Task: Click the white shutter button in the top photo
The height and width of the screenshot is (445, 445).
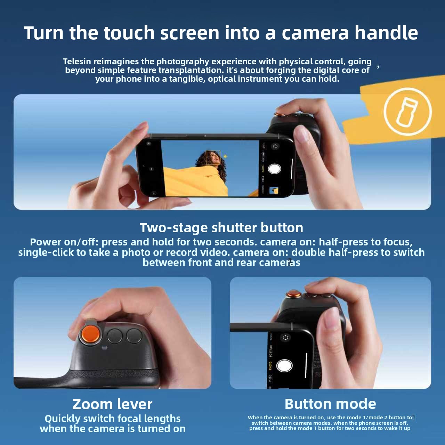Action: click(274, 169)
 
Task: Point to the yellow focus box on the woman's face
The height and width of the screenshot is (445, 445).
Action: click(213, 157)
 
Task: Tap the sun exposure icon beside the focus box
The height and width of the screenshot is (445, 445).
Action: click(225, 156)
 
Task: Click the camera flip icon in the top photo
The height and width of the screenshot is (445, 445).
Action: click(275, 146)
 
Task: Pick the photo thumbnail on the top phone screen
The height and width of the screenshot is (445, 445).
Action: click(274, 191)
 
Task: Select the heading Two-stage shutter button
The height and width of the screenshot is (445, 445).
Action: click(221, 228)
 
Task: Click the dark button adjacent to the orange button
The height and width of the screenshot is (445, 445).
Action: click(115, 336)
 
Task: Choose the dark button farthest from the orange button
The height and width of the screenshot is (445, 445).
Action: click(135, 335)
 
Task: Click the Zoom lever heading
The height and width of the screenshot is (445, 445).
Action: click(112, 404)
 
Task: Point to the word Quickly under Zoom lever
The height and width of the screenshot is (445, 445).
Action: click(63, 419)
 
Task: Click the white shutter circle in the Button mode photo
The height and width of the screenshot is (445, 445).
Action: click(284, 365)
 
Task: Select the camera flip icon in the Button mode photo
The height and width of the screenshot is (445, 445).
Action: click(285, 338)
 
